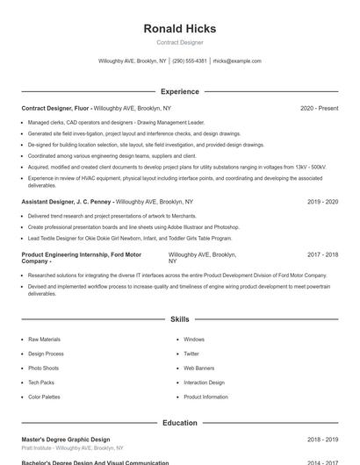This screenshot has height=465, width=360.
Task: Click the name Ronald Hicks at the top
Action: [179, 28]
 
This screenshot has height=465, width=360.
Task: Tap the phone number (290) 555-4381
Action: [190, 61]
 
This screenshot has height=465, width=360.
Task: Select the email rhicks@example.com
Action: [237, 61]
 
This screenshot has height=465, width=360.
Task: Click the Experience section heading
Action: [179, 91]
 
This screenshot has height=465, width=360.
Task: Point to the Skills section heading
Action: [179, 319]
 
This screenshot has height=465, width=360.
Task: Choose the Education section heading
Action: [179, 423]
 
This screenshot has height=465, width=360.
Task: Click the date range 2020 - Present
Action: [319, 109]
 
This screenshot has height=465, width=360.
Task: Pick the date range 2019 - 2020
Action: [322, 202]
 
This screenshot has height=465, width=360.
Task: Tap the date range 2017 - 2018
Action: [322, 254]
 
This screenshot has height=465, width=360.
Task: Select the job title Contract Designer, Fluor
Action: [55, 109]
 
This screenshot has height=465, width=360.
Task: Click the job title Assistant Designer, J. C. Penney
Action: [66, 202]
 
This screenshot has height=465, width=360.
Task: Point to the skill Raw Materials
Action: [44, 339]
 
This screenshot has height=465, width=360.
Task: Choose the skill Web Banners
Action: [198, 368]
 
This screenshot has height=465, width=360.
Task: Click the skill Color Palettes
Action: [44, 397]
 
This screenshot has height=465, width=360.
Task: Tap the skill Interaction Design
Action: [204, 383]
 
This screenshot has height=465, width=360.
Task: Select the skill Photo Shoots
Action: [43, 368]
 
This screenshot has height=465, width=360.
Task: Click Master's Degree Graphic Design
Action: [66, 439]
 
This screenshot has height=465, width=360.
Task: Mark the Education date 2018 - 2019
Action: [322, 439]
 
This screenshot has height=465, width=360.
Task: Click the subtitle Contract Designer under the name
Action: [179, 42]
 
